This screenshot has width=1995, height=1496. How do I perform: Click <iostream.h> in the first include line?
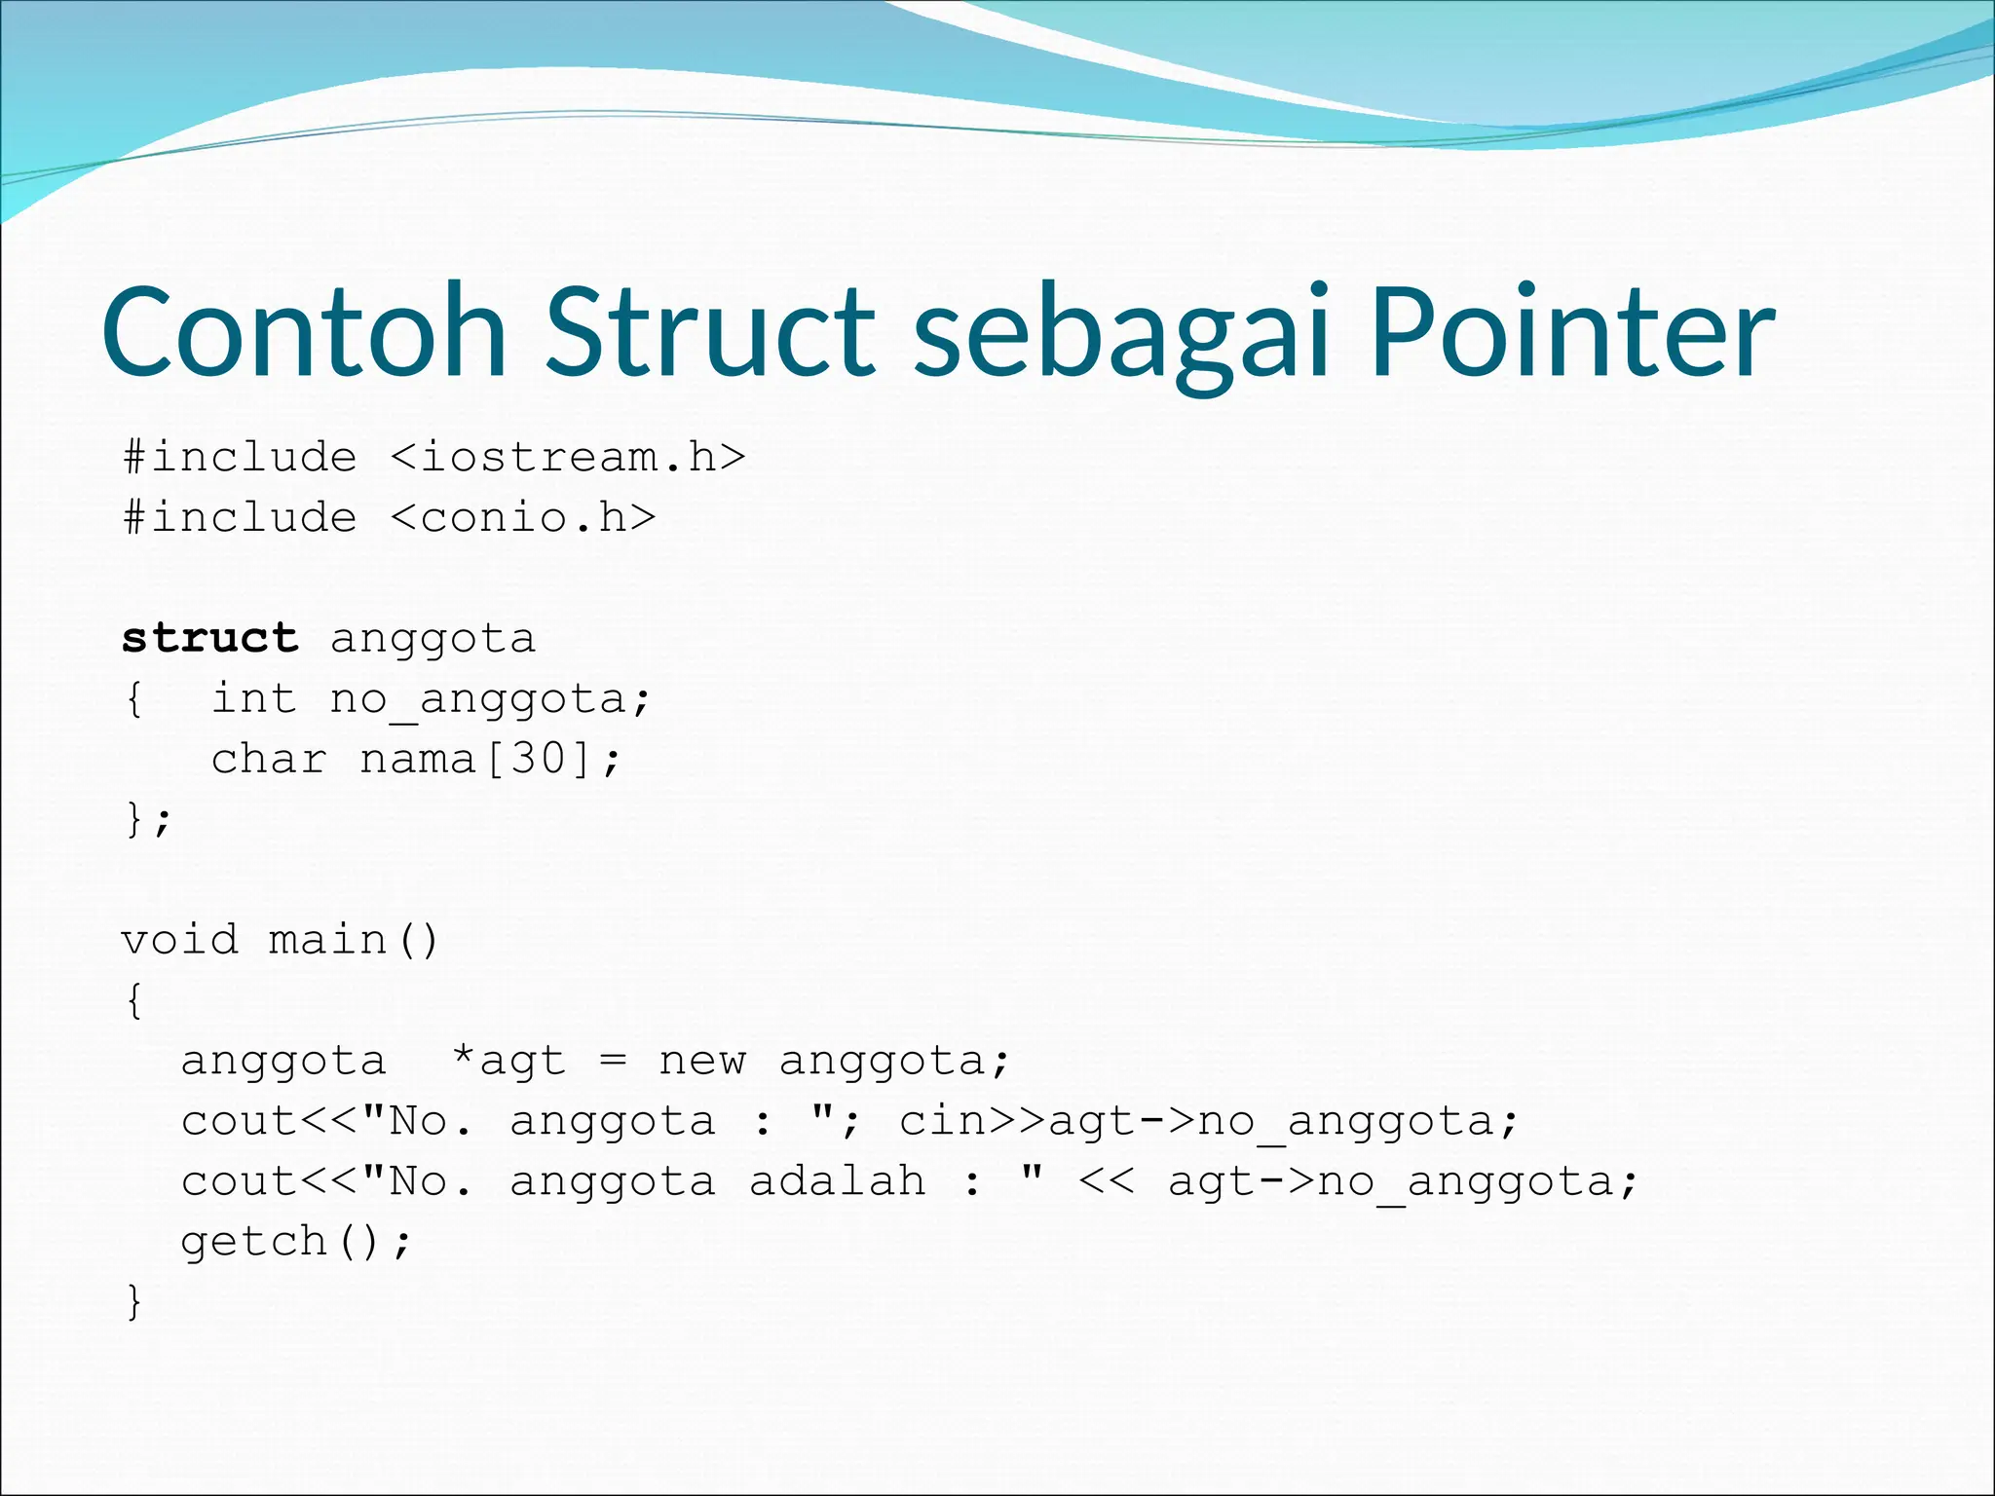[x=568, y=457]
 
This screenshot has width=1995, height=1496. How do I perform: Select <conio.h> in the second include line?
[x=523, y=517]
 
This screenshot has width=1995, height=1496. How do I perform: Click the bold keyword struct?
[x=209, y=638]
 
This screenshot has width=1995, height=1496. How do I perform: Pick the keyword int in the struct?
[x=253, y=698]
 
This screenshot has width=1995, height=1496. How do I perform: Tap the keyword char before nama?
[x=269, y=759]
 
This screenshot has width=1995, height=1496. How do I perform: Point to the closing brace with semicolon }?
[x=147, y=819]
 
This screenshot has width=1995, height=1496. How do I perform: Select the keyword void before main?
[x=179, y=940]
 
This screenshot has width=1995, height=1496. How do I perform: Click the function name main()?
[x=354, y=940]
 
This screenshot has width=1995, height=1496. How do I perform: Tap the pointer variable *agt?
[x=508, y=1061]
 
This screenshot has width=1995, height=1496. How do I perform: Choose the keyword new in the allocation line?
[x=702, y=1061]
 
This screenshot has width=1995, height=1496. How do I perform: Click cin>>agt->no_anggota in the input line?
[x=1208, y=1122]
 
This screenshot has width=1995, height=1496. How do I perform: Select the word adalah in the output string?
[x=837, y=1181]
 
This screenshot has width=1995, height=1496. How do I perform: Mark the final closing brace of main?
[x=134, y=1302]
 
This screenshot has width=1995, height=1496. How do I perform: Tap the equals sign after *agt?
[x=613, y=1060]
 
